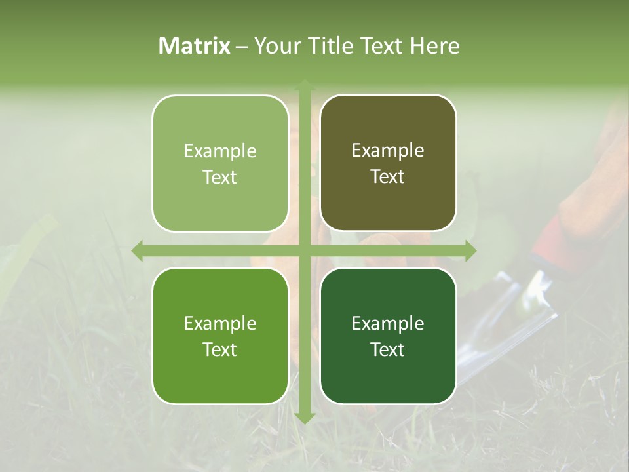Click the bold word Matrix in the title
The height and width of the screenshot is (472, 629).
pyautogui.click(x=195, y=46)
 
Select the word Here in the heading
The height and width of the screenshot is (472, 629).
pyautogui.click(x=434, y=46)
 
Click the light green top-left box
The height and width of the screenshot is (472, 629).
pyautogui.click(x=220, y=163)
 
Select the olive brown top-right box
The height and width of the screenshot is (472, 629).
pyautogui.click(x=388, y=163)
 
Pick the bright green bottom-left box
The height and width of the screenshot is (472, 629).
pyautogui.click(x=220, y=336)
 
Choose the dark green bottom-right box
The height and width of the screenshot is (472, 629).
pyautogui.click(x=388, y=336)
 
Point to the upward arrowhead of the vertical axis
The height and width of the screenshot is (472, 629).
pyautogui.click(x=304, y=85)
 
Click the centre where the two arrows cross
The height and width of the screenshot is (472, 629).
pyautogui.click(x=304, y=250)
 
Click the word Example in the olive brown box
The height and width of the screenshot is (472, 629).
pyautogui.click(x=388, y=151)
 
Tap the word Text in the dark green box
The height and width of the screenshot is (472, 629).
pyautogui.click(x=388, y=349)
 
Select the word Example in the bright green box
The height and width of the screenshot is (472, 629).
pyautogui.click(x=220, y=323)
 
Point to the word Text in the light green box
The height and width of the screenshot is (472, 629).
pyautogui.click(x=220, y=177)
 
